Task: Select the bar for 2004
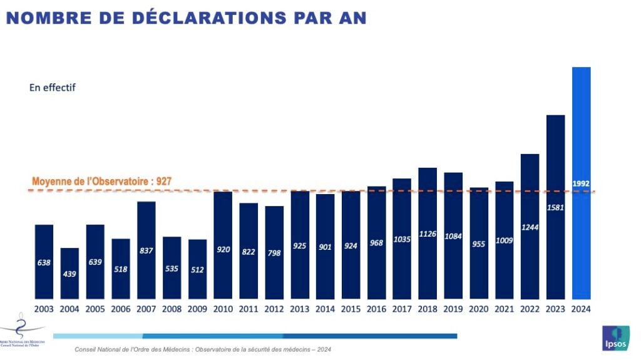click(69, 273)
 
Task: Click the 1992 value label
click(582, 183)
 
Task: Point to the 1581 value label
click(556, 207)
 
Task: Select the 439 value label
click(69, 274)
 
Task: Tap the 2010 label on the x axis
click(223, 309)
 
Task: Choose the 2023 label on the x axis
click(556, 309)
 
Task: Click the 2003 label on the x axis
click(44, 309)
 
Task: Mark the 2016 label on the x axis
click(376, 309)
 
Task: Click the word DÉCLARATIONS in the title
click(201, 18)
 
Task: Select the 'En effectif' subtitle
click(52, 88)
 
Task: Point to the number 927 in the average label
click(163, 182)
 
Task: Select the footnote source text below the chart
click(203, 349)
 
